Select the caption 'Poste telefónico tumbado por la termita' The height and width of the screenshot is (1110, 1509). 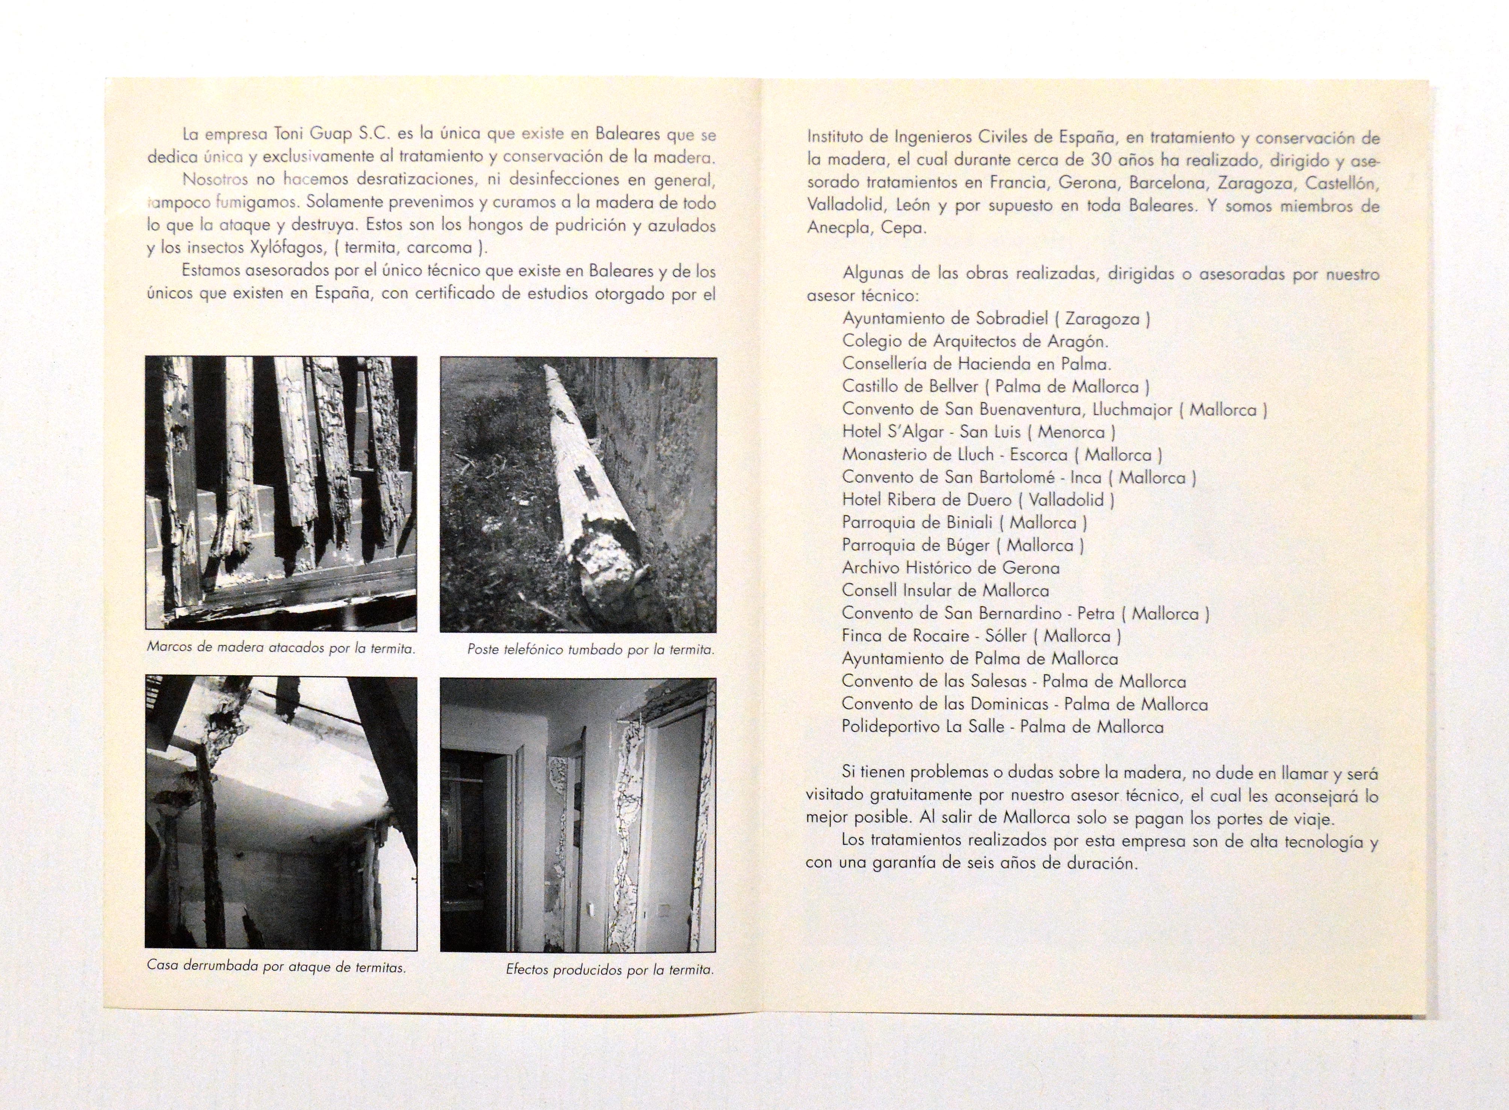[x=590, y=650]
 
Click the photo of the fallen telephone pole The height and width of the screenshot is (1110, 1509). [x=578, y=495]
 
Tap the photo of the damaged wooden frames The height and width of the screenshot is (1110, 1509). [x=281, y=493]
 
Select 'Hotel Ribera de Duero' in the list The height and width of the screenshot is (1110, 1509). [x=978, y=500]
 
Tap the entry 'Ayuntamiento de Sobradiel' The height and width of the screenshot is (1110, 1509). [x=996, y=319]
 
